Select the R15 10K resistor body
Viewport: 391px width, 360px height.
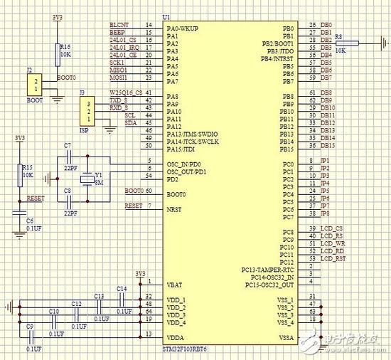tap(19, 172)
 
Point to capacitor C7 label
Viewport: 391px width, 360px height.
tap(68, 146)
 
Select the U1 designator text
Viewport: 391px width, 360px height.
tap(166, 16)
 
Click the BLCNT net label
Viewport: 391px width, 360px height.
tap(118, 25)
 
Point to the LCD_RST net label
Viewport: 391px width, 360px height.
tap(333, 258)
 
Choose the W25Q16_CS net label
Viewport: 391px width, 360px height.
tap(124, 93)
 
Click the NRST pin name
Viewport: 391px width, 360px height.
tap(174, 209)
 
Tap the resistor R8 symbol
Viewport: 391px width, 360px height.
tap(348, 43)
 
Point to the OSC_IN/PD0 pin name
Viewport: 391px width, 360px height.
tap(185, 163)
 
